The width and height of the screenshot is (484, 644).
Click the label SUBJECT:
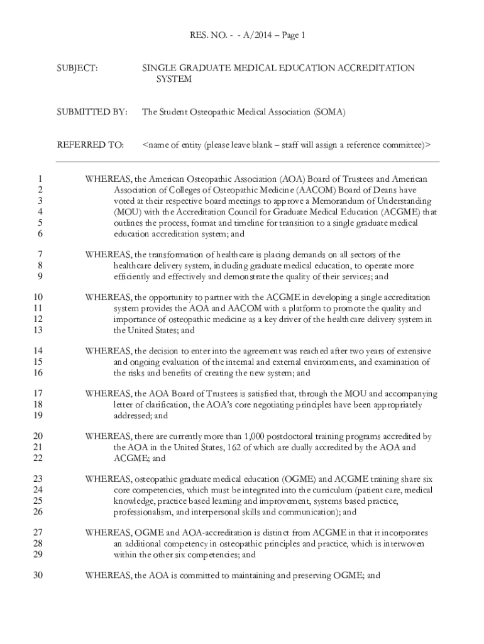pyautogui.click(x=77, y=68)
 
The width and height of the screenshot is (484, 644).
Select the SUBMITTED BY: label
pyautogui.click(x=92, y=113)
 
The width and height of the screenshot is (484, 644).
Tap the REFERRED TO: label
pyautogui.click(x=91, y=145)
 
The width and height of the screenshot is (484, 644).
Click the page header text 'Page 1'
pyautogui.click(x=292, y=36)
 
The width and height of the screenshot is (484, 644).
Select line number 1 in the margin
pyautogui.click(x=40, y=179)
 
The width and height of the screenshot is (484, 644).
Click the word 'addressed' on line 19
pyautogui.click(x=133, y=415)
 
